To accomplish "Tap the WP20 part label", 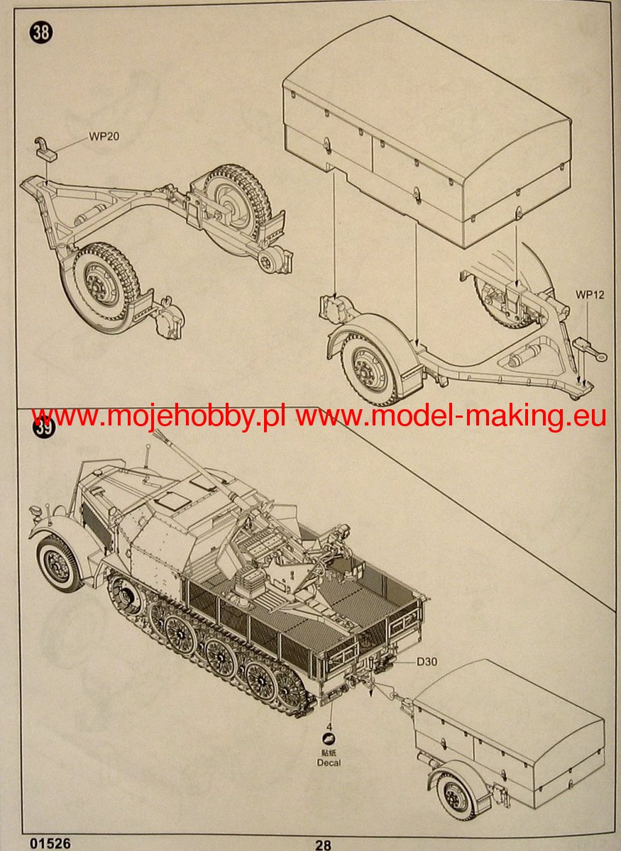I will coord(103,137).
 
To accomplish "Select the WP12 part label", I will coord(589,294).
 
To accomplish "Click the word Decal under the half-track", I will coord(329,762).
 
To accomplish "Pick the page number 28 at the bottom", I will coord(323,845).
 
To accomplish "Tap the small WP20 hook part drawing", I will coord(49,148).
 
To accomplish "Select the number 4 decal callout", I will coord(329,727).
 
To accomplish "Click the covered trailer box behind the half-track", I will coord(510,716).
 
